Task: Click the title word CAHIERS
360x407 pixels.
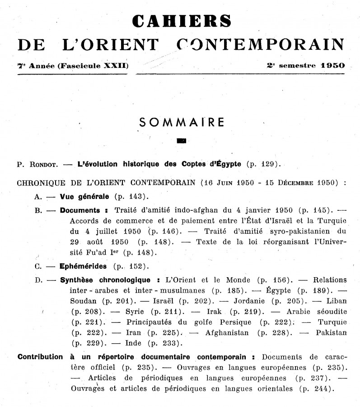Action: (182, 21)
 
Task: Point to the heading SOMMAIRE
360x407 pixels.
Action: (182, 122)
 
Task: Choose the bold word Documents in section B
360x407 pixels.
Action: (80, 210)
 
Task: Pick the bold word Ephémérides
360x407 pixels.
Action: (84, 266)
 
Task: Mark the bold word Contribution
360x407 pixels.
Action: (40, 357)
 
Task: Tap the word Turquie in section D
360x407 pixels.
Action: (332, 322)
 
